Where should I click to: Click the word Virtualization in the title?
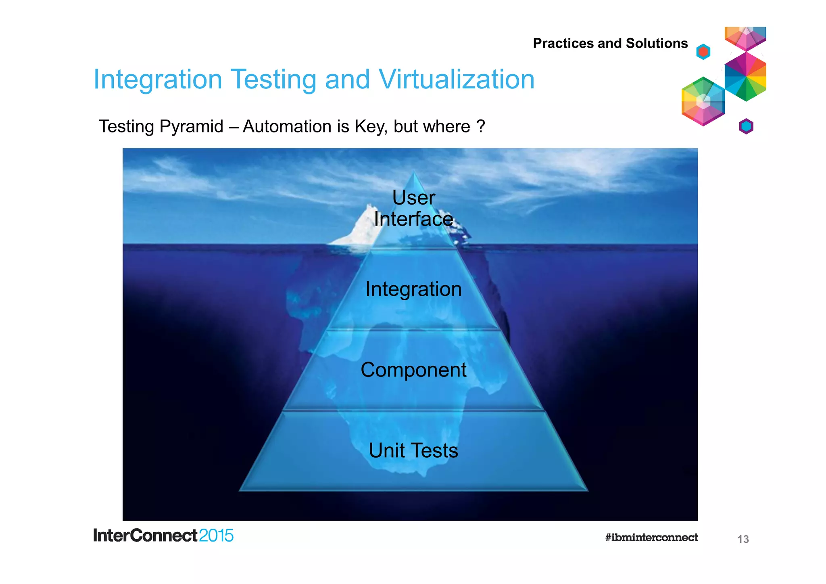point(457,79)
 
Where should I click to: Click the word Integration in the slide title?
point(158,80)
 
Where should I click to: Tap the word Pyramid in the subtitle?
point(191,127)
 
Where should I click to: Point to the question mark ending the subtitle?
point(480,126)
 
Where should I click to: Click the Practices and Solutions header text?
point(610,43)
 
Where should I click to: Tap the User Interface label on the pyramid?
point(413,208)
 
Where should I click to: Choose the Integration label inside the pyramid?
point(413,289)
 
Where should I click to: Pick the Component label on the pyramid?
point(413,370)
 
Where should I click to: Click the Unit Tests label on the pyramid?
point(413,450)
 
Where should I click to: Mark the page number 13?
point(743,539)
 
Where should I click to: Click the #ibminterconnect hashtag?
point(651,538)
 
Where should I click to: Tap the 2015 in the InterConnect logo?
point(216,536)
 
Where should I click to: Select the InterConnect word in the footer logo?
point(145,536)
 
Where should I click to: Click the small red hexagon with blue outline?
point(703,52)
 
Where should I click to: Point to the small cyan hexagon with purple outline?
point(746,126)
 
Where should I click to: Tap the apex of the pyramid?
point(414,173)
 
